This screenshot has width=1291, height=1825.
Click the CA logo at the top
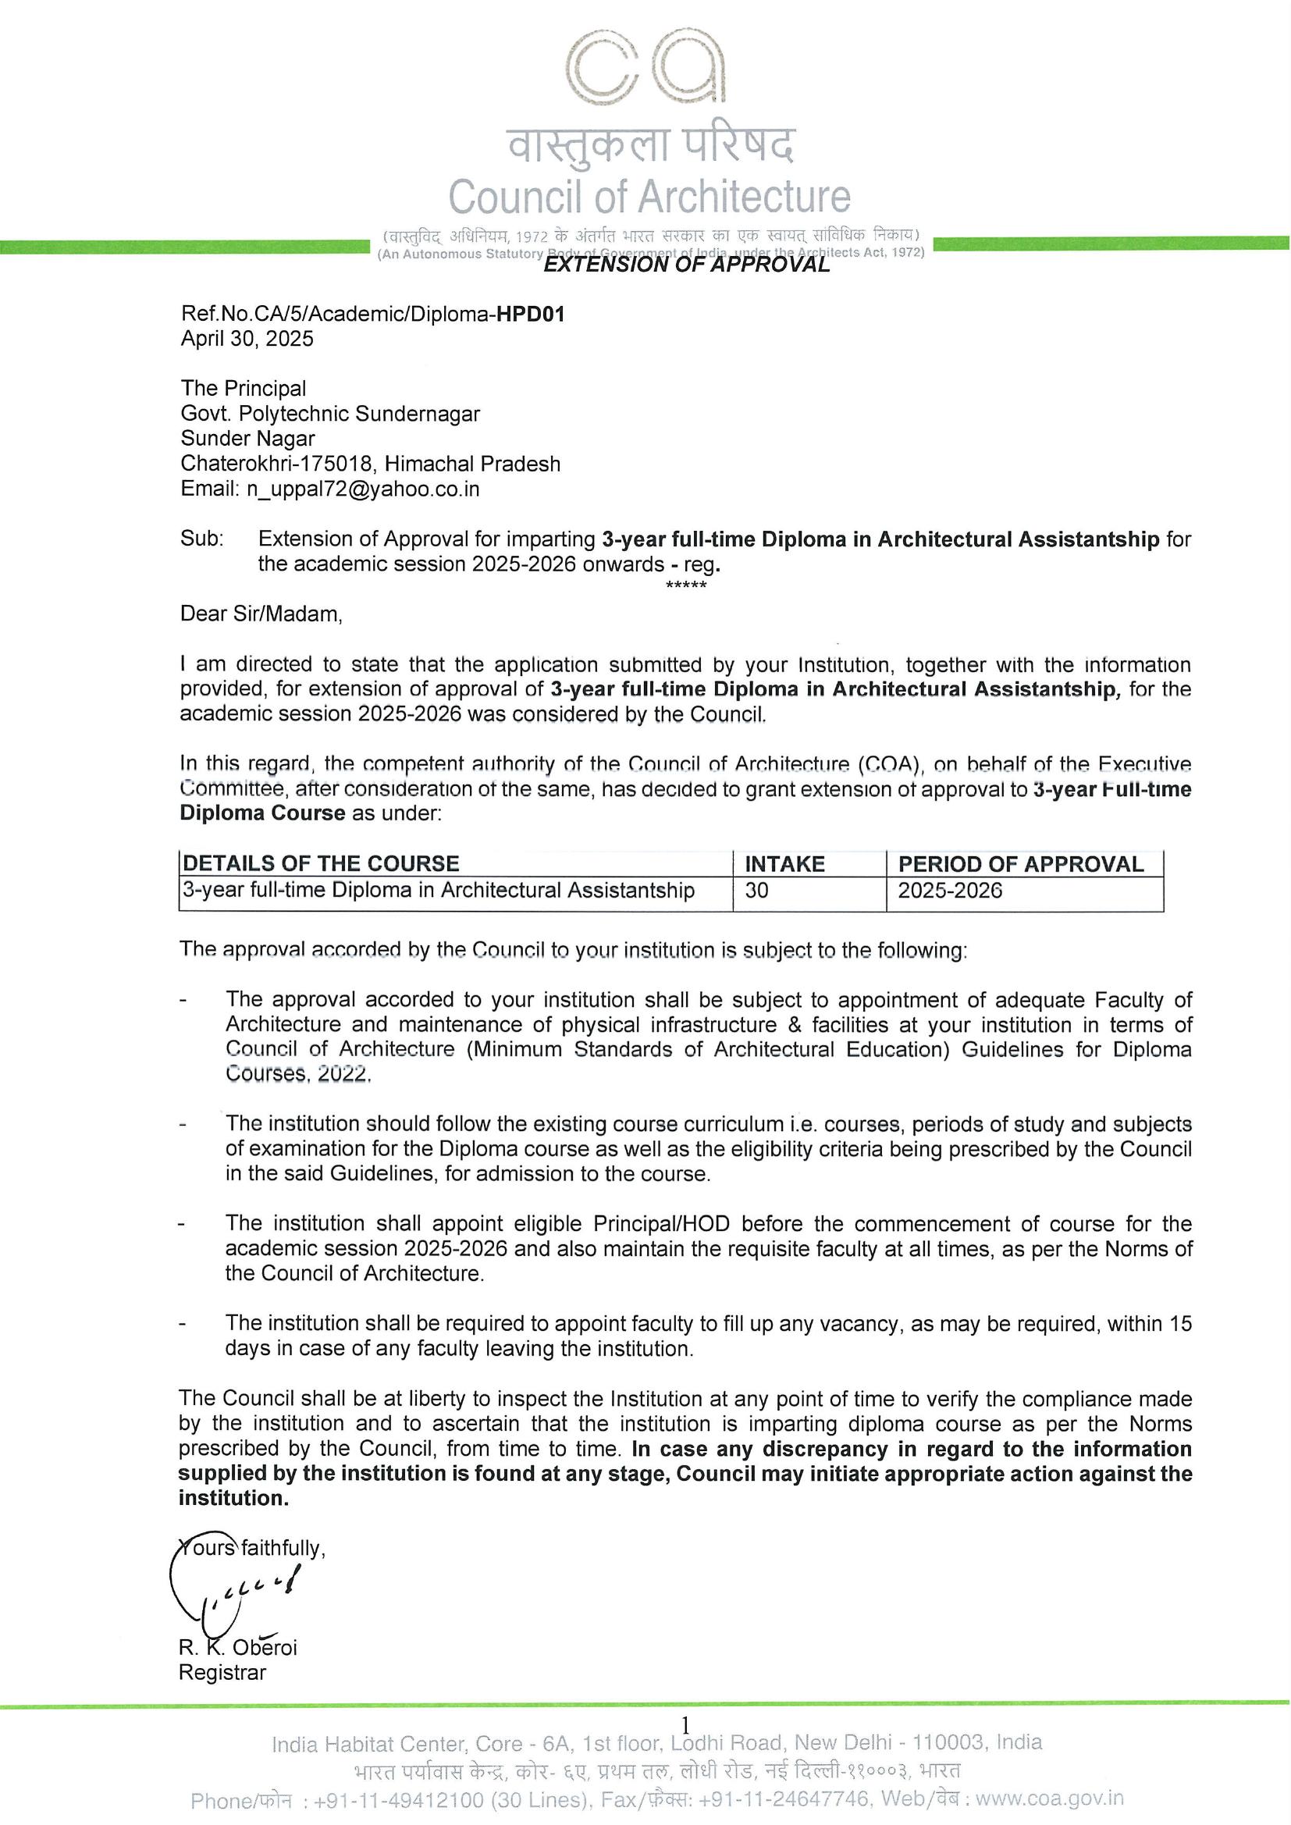click(645, 73)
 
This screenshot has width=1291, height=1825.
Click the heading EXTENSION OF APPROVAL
click(686, 265)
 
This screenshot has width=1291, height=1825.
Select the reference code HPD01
click(530, 314)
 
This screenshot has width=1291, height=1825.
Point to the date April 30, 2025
click(247, 339)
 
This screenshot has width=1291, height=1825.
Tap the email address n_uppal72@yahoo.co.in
click(362, 488)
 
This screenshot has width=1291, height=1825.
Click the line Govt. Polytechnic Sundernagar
click(330, 414)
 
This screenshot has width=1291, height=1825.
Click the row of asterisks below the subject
click(686, 585)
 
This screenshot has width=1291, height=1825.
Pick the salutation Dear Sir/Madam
click(261, 614)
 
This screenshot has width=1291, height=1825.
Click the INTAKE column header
click(784, 864)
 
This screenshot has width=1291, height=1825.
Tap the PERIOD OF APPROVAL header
click(1021, 864)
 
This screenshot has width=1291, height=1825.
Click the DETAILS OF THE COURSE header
click(321, 864)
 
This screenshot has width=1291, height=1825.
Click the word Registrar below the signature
click(222, 1674)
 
